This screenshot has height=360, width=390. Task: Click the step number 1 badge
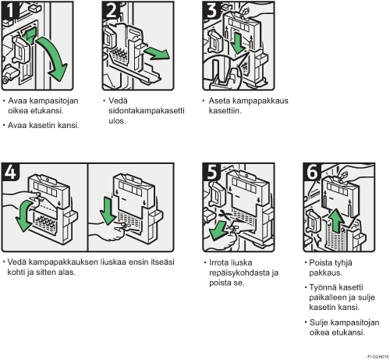click(x=10, y=10)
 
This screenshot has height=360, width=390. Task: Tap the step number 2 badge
click(x=112, y=10)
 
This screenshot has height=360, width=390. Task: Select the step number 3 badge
click(x=212, y=10)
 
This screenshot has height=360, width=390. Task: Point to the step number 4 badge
click(x=10, y=172)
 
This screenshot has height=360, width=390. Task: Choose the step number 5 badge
click(x=212, y=172)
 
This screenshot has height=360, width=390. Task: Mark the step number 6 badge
click(x=312, y=172)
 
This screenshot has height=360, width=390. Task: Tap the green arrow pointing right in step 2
click(x=158, y=53)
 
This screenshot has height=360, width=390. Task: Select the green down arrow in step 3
click(x=237, y=42)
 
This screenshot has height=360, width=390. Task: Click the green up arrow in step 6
click(x=337, y=220)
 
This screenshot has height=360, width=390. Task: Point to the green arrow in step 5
click(x=218, y=230)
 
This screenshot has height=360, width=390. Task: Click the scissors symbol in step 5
click(x=224, y=215)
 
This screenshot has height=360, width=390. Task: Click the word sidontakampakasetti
click(x=147, y=111)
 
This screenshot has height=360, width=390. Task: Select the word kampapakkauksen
click(x=63, y=262)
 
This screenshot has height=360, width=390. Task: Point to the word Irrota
click(x=218, y=262)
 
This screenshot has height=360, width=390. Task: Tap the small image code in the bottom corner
click(x=378, y=356)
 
